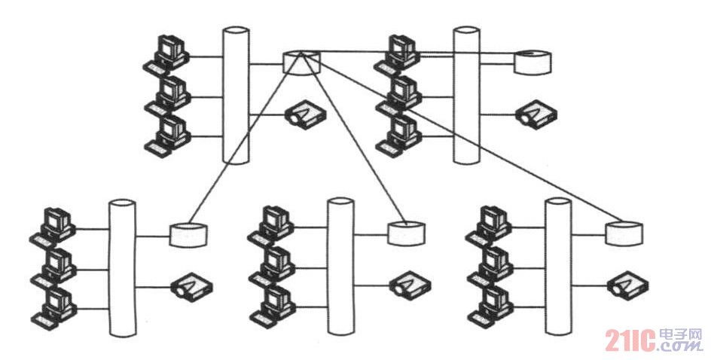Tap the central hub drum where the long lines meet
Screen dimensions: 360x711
301,63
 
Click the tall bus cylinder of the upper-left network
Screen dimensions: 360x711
236,96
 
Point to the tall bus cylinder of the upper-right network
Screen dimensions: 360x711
465,96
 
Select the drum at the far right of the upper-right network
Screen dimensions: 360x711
533,62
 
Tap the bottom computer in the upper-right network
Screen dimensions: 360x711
398,135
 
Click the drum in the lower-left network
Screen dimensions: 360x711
189,234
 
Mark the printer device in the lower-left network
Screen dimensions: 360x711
191,285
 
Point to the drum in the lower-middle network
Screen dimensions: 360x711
407,233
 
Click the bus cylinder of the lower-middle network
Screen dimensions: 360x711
340,267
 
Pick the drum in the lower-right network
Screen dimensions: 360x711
625,233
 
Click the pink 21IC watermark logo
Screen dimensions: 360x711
655,340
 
